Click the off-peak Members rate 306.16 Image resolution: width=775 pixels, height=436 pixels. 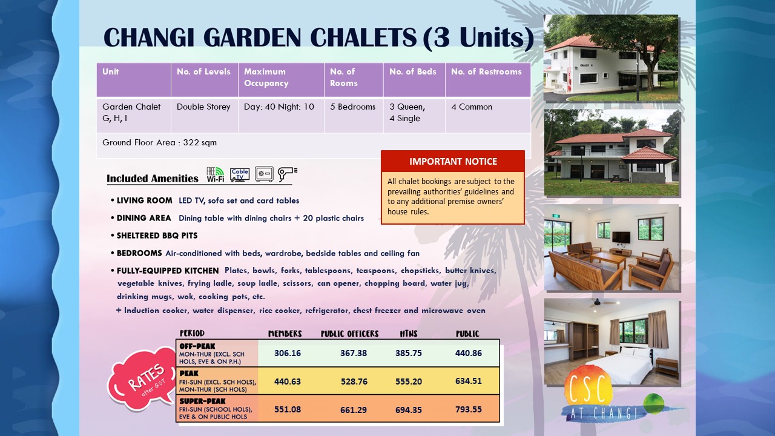pyautogui.click(x=288, y=353)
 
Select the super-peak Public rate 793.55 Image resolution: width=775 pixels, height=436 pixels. pyautogui.click(x=469, y=409)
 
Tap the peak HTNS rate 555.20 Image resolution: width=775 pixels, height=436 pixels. pyautogui.click(x=409, y=381)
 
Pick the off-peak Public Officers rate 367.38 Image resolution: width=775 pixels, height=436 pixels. pyautogui.click(x=354, y=353)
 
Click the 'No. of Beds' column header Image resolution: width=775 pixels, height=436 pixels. pyautogui.click(x=413, y=71)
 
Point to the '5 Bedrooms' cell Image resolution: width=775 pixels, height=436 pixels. pyautogui.click(x=352, y=107)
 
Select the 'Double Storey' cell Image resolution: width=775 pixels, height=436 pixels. pyautogui.click(x=203, y=107)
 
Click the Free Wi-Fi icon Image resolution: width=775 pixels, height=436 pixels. pyautogui.click(x=215, y=174)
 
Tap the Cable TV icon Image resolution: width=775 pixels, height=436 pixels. pyautogui.click(x=240, y=175)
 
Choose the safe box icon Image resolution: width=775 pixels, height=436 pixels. pyautogui.click(x=265, y=174)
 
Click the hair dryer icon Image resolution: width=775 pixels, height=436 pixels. pyautogui.click(x=287, y=174)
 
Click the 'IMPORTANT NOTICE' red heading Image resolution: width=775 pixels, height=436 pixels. pyautogui.click(x=453, y=162)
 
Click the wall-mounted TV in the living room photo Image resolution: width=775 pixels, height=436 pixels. pyautogui.click(x=621, y=237)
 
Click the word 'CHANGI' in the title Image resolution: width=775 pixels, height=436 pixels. pyautogui.click(x=149, y=38)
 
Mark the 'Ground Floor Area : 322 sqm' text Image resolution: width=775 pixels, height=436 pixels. pyautogui.click(x=159, y=142)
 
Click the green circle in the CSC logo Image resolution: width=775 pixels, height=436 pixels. pyautogui.click(x=653, y=403)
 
